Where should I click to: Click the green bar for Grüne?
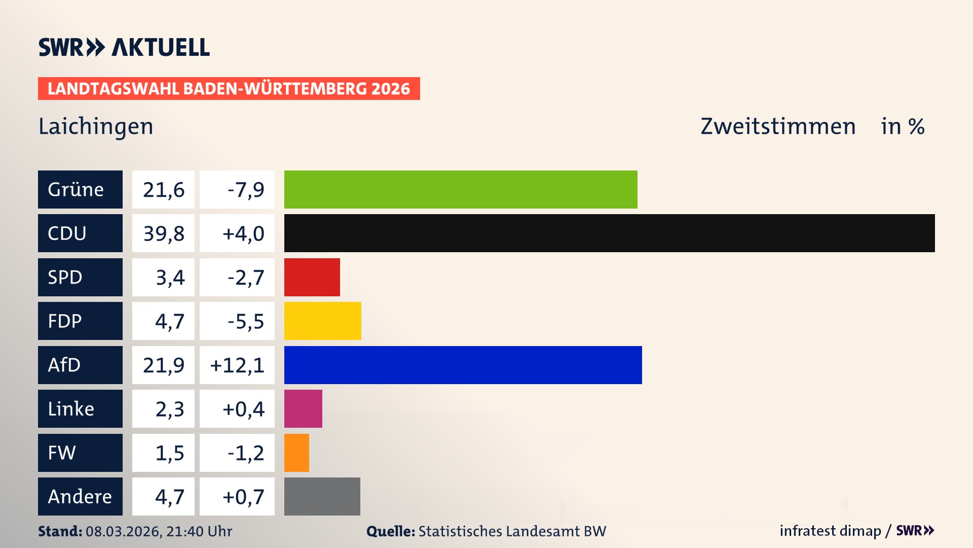click(x=461, y=189)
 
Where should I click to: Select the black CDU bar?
click(x=609, y=233)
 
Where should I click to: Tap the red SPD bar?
click(x=312, y=277)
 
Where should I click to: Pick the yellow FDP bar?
click(x=322, y=321)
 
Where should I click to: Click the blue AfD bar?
click(x=463, y=365)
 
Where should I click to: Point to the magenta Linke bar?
click(x=303, y=408)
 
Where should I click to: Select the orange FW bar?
click(x=296, y=453)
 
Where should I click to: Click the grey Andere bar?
click(x=322, y=496)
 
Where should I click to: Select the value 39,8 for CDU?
click(x=163, y=233)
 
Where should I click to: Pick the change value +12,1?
click(x=237, y=365)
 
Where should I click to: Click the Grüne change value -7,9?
click(x=245, y=190)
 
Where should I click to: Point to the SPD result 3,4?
click(x=170, y=278)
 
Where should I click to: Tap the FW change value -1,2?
click(x=245, y=453)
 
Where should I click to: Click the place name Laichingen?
click(x=96, y=126)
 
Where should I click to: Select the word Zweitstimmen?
click(x=778, y=126)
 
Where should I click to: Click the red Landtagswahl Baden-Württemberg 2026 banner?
click(x=229, y=88)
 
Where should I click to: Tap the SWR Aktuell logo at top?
click(x=124, y=47)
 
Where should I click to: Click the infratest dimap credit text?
click(x=830, y=531)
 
